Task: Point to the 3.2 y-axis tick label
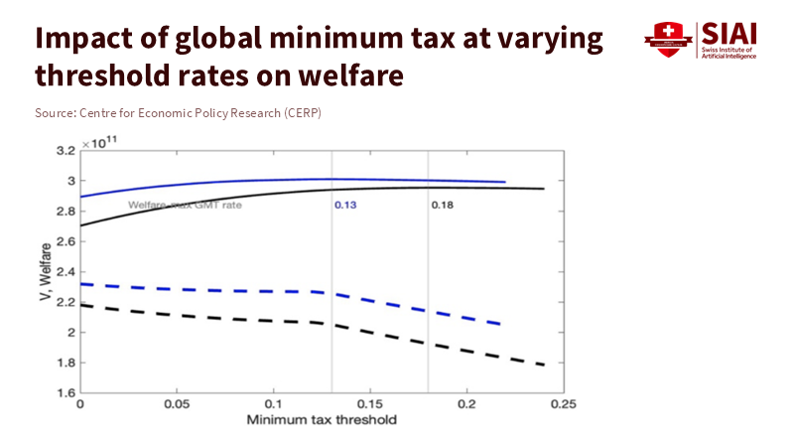tap(66, 151)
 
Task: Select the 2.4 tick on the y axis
tap(66, 271)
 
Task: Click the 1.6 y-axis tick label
tap(66, 392)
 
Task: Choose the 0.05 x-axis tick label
tap(177, 405)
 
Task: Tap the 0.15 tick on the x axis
tap(370, 405)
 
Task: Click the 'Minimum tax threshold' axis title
tap(322, 419)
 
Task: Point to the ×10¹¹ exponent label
tap(100, 142)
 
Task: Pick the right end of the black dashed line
tap(545, 366)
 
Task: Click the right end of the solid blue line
tap(505, 182)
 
